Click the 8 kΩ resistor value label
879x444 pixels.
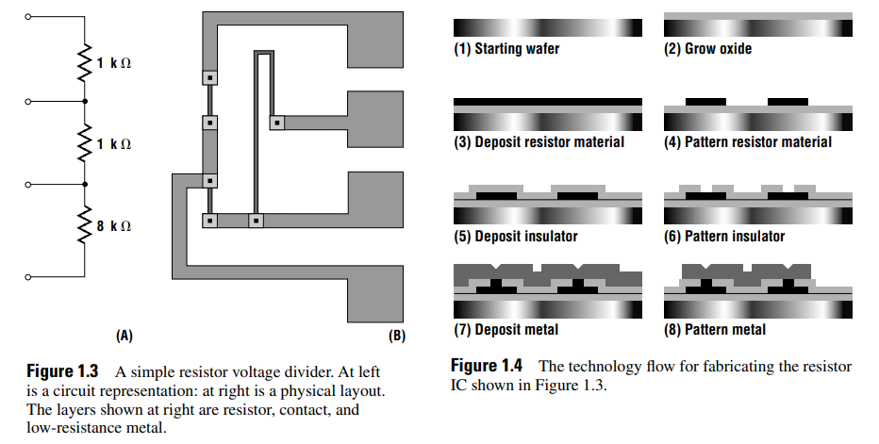114,226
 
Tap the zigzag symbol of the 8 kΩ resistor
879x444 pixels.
86,226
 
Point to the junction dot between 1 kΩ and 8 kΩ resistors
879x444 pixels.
86,185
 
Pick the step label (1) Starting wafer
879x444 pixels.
506,49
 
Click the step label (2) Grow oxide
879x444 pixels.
708,49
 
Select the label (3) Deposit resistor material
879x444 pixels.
539,142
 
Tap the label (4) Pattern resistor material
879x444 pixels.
748,142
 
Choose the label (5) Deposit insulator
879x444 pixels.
516,236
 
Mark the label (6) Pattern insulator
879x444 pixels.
724,236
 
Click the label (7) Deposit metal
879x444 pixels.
506,330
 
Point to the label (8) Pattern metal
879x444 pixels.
715,330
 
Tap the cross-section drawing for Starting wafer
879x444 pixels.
548,27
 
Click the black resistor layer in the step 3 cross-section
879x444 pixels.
548,101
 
